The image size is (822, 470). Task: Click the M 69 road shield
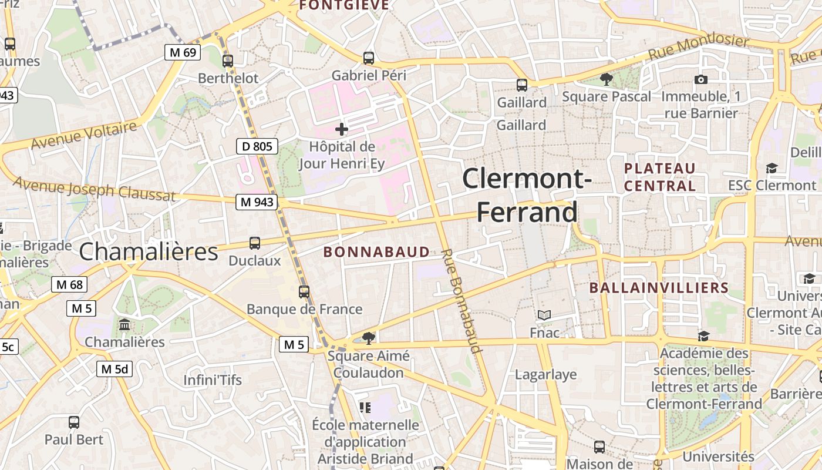[182, 52]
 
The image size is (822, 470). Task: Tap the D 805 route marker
[257, 146]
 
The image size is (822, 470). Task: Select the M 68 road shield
[69, 285]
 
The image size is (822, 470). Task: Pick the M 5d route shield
[114, 369]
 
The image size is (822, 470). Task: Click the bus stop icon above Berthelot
[228, 61]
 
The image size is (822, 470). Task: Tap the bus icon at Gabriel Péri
[369, 58]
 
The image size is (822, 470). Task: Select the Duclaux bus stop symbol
[255, 243]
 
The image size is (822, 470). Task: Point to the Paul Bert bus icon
[74, 422]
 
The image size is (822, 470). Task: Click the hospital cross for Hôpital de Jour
[342, 129]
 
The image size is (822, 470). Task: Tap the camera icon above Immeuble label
[700, 79]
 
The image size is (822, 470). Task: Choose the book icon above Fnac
[544, 315]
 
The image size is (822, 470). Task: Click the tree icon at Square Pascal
[607, 79]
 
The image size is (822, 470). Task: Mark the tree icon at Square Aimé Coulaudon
[369, 338]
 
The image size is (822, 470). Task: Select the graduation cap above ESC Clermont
[772, 169]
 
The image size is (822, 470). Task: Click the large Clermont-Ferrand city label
[527, 195]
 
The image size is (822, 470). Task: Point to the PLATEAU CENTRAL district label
[659, 177]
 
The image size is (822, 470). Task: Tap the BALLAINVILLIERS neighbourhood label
[658, 288]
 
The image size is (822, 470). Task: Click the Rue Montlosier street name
[698, 48]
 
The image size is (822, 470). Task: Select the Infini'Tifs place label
[213, 380]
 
